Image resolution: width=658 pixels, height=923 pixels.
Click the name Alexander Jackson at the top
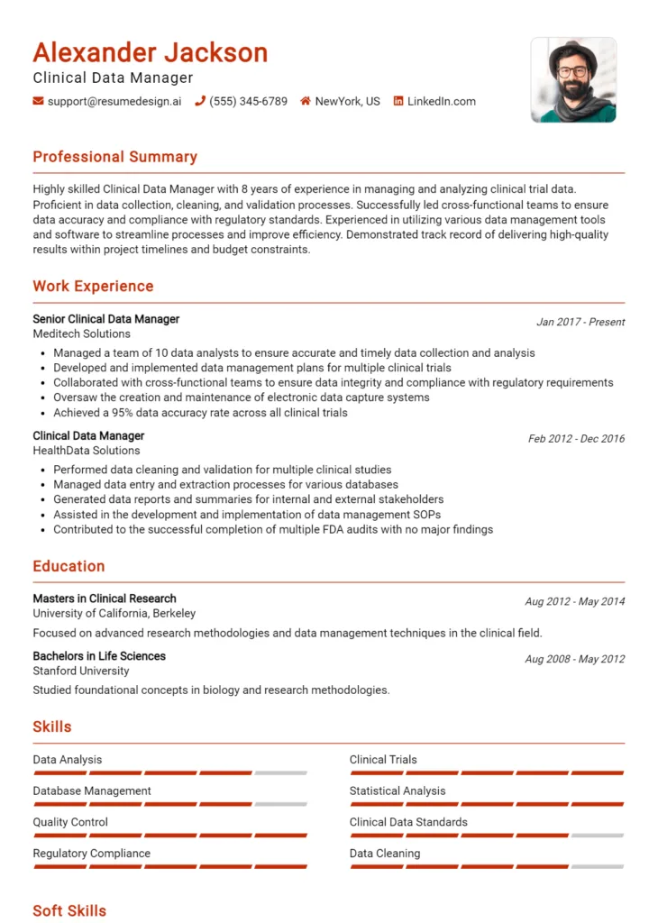click(151, 52)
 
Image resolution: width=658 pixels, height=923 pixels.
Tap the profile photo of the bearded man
click(573, 79)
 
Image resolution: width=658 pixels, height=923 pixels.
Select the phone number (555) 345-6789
click(248, 102)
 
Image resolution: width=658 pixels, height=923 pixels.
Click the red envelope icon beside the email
click(38, 102)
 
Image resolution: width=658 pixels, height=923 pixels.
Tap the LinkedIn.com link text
click(441, 102)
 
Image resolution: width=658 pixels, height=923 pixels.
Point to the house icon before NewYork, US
click(306, 102)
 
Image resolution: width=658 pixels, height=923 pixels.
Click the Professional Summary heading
click(114, 157)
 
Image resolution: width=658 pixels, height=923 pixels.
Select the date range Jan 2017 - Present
click(580, 322)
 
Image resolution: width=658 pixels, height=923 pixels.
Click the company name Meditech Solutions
click(81, 334)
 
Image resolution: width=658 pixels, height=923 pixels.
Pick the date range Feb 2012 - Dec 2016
click(576, 439)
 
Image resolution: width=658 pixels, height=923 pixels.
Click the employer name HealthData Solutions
click(87, 451)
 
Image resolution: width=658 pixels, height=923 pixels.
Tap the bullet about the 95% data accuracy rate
click(200, 413)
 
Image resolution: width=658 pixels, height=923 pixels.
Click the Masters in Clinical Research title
click(105, 599)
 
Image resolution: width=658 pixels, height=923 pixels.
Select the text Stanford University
click(81, 671)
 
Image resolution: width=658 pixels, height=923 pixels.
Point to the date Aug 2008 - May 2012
click(574, 659)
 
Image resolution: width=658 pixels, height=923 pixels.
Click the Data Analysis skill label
click(68, 760)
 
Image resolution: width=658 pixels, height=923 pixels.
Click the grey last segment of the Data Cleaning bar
click(598, 866)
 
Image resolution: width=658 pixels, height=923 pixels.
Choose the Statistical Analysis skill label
click(398, 791)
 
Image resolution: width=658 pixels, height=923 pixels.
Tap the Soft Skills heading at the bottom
click(69, 910)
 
